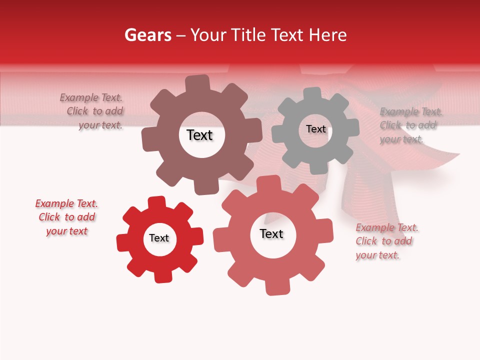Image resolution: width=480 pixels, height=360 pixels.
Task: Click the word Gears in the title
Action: [147, 35]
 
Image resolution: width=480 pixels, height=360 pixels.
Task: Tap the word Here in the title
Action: [328, 35]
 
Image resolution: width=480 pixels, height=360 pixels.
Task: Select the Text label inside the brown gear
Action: [199, 135]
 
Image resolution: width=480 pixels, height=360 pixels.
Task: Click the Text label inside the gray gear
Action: [315, 129]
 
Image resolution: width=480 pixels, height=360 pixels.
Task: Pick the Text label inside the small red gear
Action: [159, 238]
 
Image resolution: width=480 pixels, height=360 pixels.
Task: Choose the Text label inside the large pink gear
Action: [271, 233]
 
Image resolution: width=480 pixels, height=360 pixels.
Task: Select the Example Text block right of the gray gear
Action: [409, 125]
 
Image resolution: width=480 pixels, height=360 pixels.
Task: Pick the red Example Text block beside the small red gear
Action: [66, 217]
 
